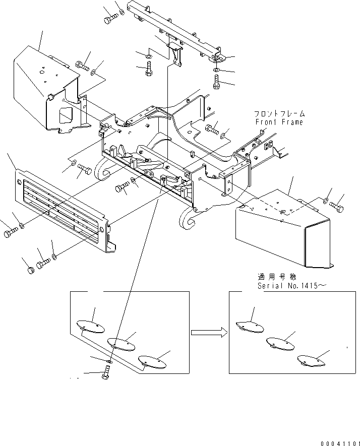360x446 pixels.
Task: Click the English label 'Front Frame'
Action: point(279,122)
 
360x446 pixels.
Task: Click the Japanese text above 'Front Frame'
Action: point(279,114)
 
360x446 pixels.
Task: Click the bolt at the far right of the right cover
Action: point(336,206)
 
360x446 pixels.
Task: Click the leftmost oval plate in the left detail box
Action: point(90,326)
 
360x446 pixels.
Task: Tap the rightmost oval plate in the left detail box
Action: point(152,360)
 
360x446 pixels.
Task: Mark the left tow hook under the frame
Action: point(104,171)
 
